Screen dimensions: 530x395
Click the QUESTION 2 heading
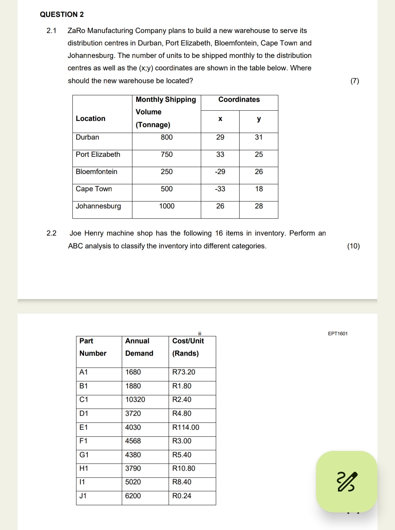click(62, 14)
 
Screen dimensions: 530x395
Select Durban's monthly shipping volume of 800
click(166, 137)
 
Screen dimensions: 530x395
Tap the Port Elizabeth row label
click(98, 155)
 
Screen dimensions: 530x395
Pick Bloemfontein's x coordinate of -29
click(220, 172)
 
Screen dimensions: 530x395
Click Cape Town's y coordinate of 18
click(259, 189)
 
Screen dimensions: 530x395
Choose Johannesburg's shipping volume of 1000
click(166, 206)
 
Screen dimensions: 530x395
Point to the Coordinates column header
click(239, 100)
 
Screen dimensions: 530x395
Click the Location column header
click(90, 119)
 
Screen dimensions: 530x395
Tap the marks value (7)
click(354, 81)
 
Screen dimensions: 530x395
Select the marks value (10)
click(353, 246)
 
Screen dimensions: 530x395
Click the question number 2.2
click(52, 233)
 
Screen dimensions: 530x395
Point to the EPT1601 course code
click(338, 334)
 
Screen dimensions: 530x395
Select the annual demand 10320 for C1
click(135, 400)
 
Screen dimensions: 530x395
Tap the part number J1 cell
click(83, 496)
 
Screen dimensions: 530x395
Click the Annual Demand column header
click(139, 347)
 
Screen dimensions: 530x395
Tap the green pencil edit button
click(346, 481)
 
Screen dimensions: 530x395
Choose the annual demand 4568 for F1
click(133, 441)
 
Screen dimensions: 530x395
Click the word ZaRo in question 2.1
click(76, 31)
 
